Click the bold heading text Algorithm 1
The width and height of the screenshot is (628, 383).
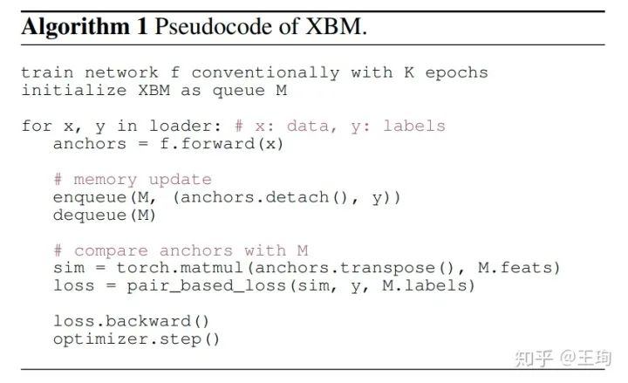(84, 26)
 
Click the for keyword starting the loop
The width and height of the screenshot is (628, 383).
(37, 126)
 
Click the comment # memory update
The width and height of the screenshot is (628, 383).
(132, 180)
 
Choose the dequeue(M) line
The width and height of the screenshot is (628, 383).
(105, 215)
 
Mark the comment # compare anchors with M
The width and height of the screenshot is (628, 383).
(181, 251)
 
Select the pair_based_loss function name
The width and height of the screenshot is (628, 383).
(199, 285)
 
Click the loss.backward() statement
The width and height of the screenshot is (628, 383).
(132, 321)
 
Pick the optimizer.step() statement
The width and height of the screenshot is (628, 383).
(137, 339)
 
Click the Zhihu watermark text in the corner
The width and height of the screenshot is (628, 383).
(563, 357)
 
